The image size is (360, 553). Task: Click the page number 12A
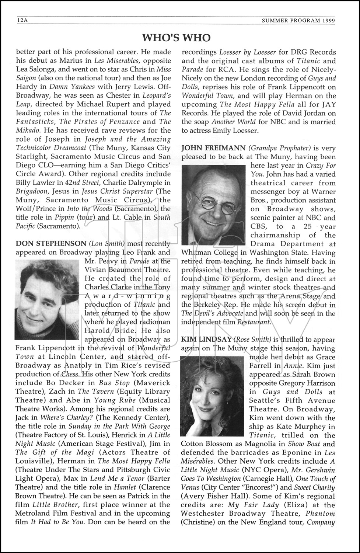[22, 21]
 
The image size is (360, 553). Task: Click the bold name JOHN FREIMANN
[213, 148]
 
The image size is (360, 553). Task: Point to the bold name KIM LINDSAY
[206, 340]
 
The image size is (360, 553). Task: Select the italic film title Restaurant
[254, 322]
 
